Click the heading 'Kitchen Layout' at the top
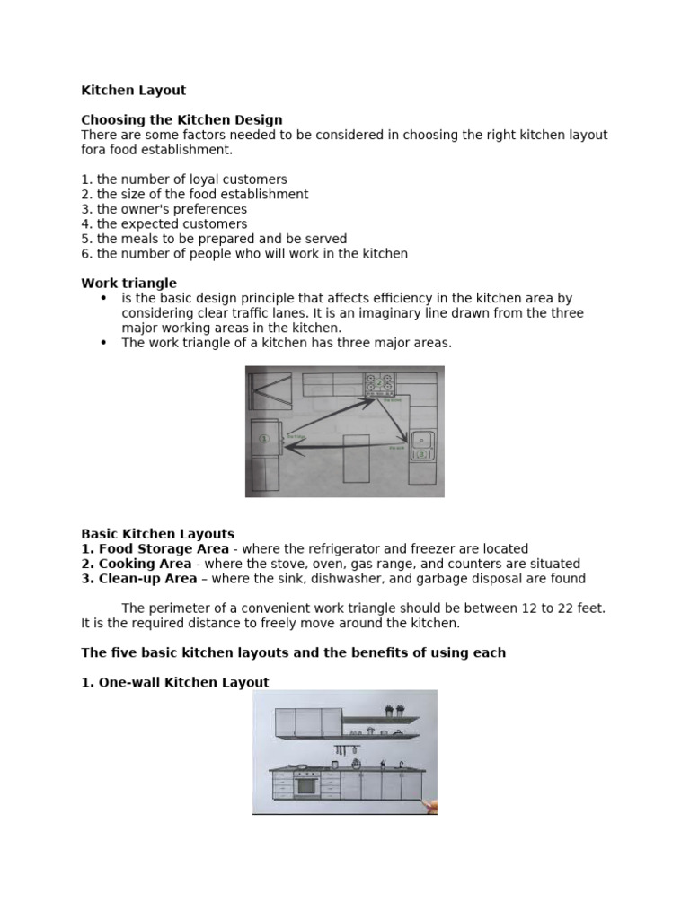tap(134, 91)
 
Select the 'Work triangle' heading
tap(128, 284)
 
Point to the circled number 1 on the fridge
tap(263, 439)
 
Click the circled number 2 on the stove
tap(379, 384)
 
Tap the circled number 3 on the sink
tap(420, 455)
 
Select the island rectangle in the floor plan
tap(356, 459)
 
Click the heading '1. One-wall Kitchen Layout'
tap(175, 682)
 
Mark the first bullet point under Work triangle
tap(103, 298)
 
